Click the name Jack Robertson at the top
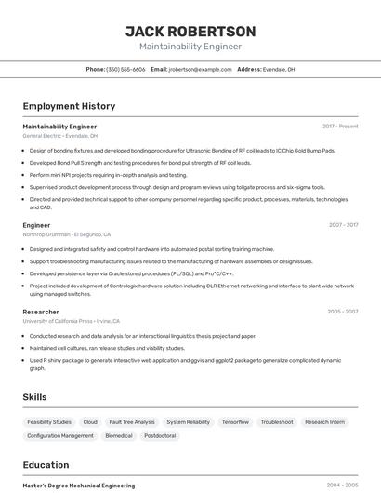[x=190, y=32]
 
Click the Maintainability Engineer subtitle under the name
[x=190, y=47]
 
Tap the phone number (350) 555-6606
[x=125, y=69]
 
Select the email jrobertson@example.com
[x=200, y=69]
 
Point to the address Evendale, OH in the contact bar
[x=279, y=69]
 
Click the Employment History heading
[x=69, y=106]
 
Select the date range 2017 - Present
[x=340, y=126]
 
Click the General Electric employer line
[x=59, y=136]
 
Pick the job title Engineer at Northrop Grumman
[x=36, y=224]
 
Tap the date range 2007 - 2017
[x=343, y=224]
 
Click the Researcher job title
[x=41, y=312]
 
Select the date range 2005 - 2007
[x=343, y=312]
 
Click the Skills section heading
[x=34, y=397]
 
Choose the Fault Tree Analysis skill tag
[x=132, y=422]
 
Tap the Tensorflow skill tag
[x=235, y=422]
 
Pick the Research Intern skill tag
[x=324, y=422]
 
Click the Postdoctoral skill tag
[x=160, y=435]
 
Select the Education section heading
[x=46, y=465]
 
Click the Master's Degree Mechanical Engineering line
[x=78, y=486]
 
